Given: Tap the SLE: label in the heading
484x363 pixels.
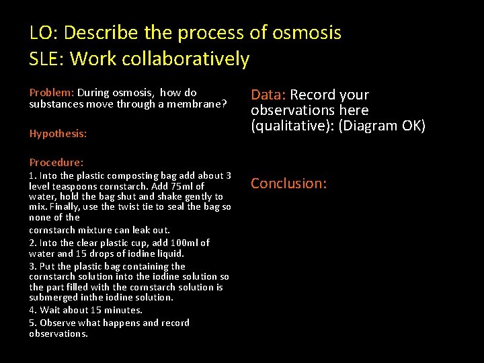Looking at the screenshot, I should [47, 59].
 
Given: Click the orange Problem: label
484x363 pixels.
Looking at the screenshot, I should [52, 93].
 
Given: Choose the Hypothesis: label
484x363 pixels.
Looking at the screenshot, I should [58, 134].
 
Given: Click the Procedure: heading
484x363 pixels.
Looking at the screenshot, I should [56, 162].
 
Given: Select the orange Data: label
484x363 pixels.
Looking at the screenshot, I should [268, 95].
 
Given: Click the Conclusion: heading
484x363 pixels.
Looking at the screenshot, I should [288, 184].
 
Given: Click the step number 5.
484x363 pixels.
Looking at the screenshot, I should [32, 323].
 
